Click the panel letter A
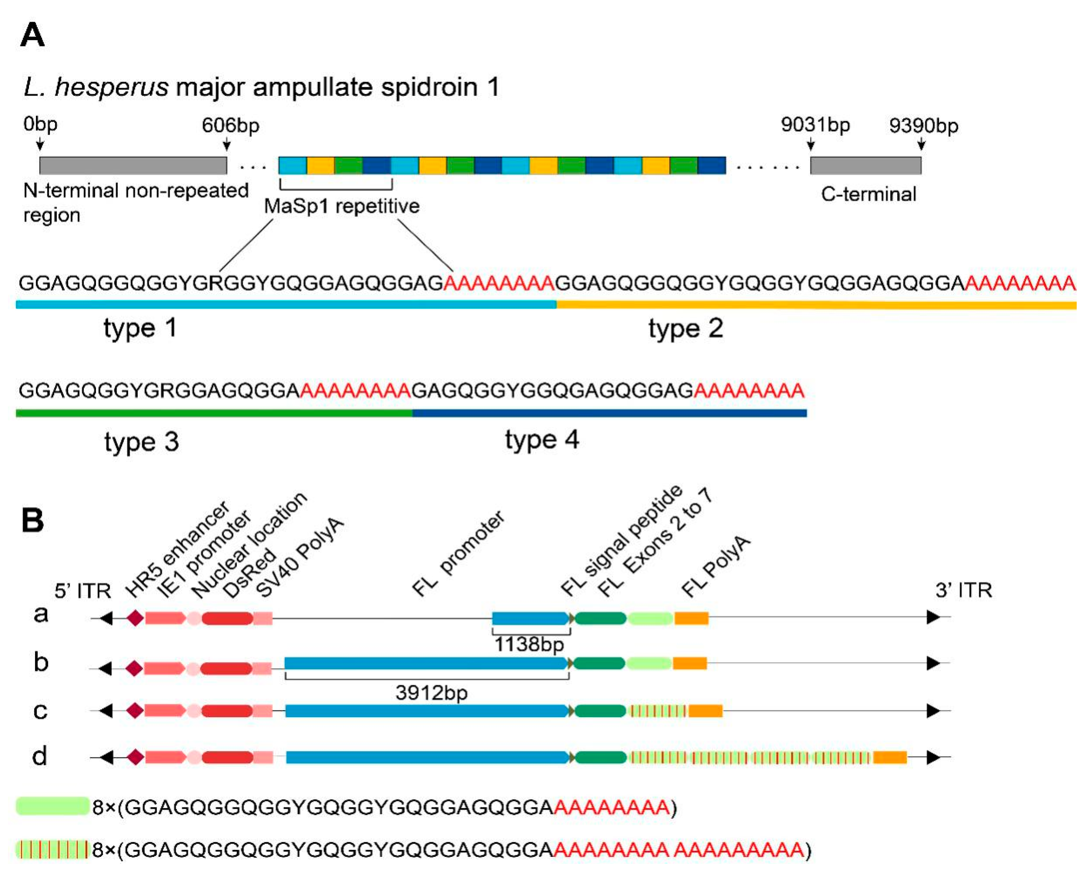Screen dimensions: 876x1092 coord(33,35)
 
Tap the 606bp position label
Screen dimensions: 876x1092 coord(231,125)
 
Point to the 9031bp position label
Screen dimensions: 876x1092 coord(815,125)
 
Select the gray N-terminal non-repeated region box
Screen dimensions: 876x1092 coord(133,166)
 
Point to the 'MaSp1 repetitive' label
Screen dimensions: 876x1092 coord(342,206)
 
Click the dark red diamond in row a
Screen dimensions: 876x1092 coord(135,618)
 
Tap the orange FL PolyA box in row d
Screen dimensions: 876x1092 coord(890,757)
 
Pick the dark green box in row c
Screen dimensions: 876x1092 coord(600,711)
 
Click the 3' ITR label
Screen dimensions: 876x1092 coord(963,590)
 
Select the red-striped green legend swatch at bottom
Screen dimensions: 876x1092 coord(52,849)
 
